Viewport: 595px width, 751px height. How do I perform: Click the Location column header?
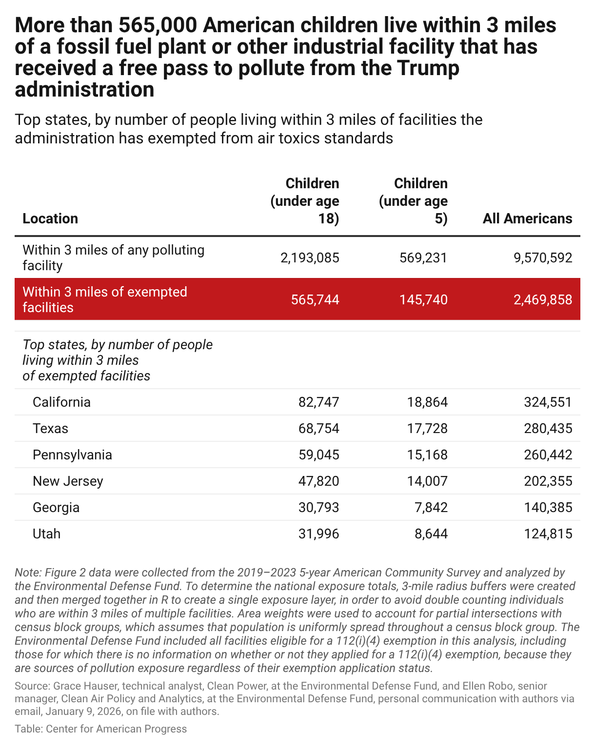coord(50,218)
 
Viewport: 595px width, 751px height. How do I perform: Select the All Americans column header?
coord(527,218)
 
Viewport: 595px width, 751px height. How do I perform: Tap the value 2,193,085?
coord(310,258)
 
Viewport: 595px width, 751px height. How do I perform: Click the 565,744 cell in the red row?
coord(315,299)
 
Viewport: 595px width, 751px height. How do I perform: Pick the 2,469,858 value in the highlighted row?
coord(543,299)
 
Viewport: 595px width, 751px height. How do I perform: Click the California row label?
coord(61,402)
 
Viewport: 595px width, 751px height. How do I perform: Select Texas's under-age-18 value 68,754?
coord(319,428)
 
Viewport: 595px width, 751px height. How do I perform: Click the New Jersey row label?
coord(68,481)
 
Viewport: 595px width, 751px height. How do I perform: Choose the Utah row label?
coord(46,534)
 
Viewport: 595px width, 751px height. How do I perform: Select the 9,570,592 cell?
coord(543,258)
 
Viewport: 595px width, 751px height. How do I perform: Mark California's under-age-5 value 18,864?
coord(427,402)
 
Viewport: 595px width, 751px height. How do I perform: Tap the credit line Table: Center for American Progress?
coord(100,729)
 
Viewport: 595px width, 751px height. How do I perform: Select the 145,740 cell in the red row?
coord(423,299)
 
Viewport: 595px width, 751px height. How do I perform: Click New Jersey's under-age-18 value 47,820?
coord(319,481)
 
